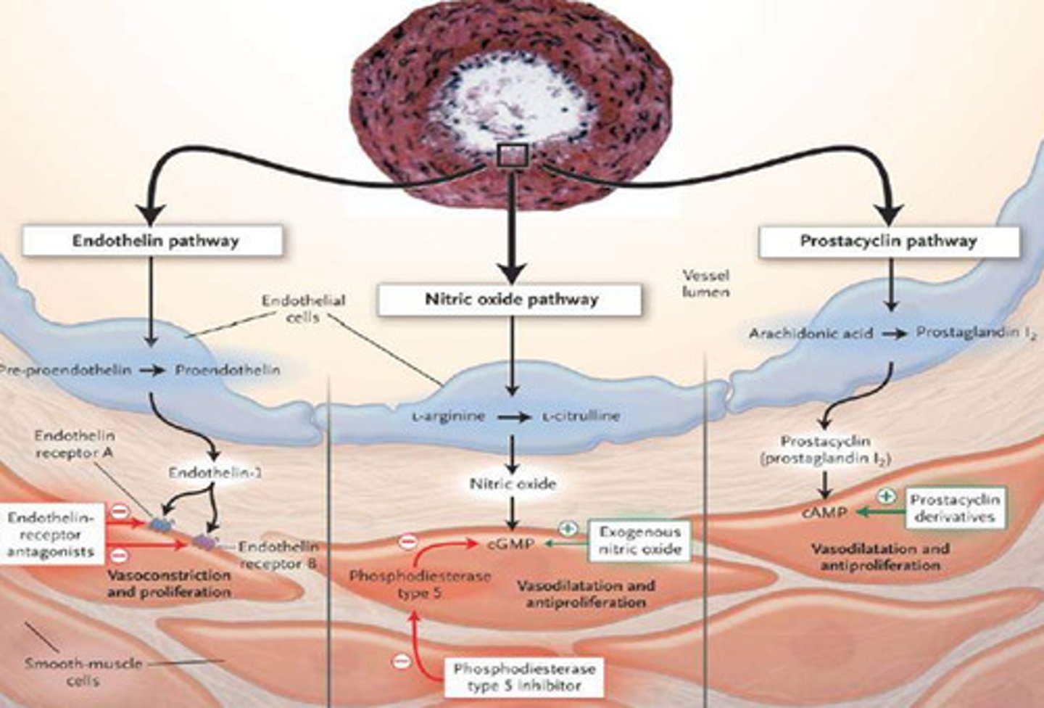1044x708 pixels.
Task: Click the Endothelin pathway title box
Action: tap(153, 241)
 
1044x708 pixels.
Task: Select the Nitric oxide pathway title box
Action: tap(510, 299)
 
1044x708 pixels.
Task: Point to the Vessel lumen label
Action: tap(705, 284)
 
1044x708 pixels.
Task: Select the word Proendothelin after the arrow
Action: tap(227, 370)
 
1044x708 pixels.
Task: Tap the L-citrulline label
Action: tap(580, 416)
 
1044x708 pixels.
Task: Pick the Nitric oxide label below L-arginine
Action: tap(513, 484)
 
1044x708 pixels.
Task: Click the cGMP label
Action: tap(511, 543)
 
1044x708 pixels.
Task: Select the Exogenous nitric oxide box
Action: tap(639, 541)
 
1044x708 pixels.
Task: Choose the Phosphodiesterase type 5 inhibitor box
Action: tap(523, 676)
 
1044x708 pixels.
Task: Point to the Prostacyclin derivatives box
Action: tap(954, 509)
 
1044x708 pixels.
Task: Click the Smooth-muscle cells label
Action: tap(83, 672)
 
